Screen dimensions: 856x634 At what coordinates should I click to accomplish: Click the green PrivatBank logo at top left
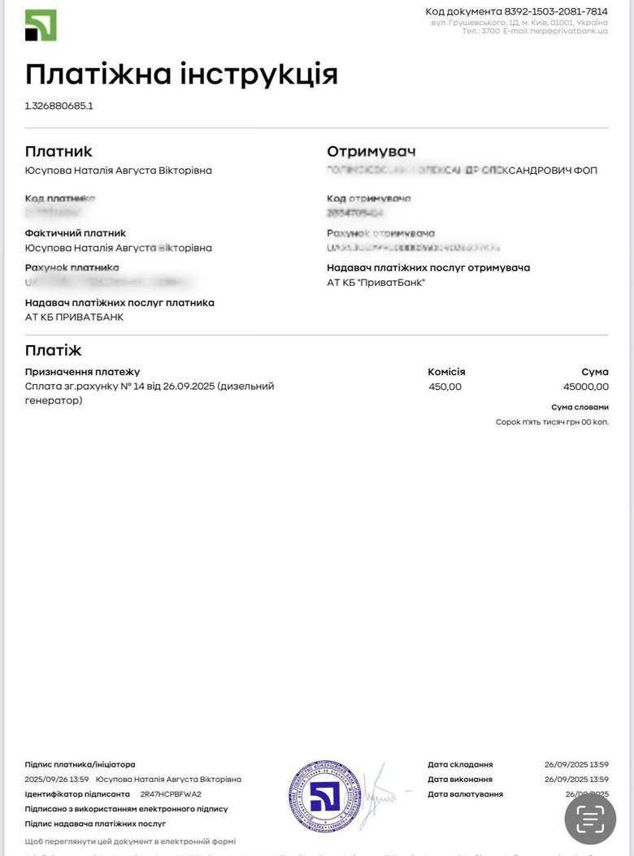click(41, 25)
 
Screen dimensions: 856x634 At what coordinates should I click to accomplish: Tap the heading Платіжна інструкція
click(181, 74)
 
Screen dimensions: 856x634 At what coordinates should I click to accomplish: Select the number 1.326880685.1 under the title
click(59, 106)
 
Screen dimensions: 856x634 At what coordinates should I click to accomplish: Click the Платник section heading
click(59, 151)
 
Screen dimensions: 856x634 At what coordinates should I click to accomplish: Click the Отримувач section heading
click(371, 151)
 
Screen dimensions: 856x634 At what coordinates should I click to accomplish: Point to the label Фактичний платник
click(76, 233)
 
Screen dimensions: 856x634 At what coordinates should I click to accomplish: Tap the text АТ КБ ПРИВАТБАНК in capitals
click(75, 317)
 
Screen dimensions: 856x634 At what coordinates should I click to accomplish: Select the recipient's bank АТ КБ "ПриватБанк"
click(376, 283)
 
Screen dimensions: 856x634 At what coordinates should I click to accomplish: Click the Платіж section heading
click(54, 350)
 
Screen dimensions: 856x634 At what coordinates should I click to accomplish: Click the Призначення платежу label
click(83, 372)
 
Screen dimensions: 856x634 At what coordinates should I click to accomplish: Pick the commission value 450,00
click(445, 387)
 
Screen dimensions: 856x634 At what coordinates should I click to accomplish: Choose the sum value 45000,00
click(585, 387)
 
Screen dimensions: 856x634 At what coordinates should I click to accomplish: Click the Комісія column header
click(446, 372)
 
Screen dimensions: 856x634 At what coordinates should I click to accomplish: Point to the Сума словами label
click(580, 407)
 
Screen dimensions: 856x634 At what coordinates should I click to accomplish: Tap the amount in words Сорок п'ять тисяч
click(552, 422)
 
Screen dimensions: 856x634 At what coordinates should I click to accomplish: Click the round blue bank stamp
click(324, 795)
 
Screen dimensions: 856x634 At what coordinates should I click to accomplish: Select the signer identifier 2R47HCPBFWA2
click(171, 794)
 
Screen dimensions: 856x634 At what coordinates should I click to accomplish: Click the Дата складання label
click(460, 764)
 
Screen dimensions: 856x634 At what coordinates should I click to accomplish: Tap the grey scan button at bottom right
click(591, 818)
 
